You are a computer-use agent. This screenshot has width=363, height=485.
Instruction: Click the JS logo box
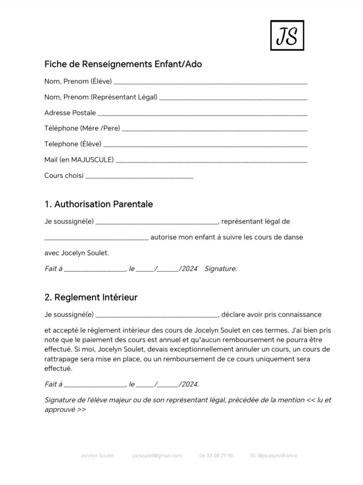(287, 36)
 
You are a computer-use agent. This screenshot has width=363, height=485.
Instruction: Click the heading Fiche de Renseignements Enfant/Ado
(123, 64)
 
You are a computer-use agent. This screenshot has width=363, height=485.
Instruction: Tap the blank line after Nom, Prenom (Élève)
(210, 82)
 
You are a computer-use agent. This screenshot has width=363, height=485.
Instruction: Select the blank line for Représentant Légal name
(233, 98)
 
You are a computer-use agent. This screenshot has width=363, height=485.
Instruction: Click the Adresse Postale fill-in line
(202, 114)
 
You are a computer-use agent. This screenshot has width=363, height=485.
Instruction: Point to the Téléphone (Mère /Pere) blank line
(214, 130)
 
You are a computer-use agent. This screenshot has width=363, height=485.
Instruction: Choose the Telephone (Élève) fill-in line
(205, 145)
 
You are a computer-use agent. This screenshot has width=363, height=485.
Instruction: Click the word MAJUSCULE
(92, 160)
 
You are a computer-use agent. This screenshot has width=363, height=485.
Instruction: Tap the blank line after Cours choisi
(139, 177)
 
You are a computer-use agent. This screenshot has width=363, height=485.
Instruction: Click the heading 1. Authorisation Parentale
(99, 204)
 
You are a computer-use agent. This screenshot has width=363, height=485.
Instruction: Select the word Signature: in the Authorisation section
(221, 269)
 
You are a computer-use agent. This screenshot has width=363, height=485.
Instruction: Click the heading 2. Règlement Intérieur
(91, 297)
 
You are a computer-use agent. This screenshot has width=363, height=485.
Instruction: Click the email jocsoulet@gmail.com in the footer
(157, 456)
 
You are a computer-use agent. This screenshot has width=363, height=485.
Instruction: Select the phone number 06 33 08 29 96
(216, 456)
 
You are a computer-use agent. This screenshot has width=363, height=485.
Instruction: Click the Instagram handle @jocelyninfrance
(277, 456)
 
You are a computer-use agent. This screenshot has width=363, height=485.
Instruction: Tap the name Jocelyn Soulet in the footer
(97, 456)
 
